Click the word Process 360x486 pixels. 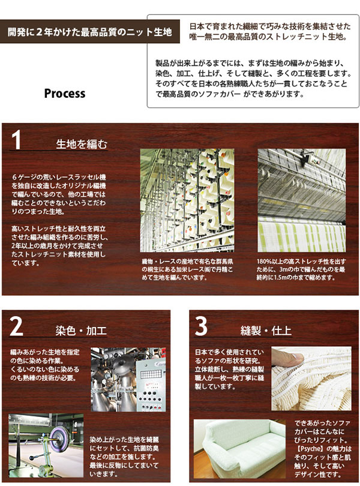coord(64,94)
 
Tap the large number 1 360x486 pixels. coord(16,140)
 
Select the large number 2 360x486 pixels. coord(16,326)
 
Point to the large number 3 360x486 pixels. coord(201,326)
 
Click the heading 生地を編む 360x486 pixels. coord(82,144)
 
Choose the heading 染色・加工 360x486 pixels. coord(81,331)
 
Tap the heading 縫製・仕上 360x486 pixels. coord(266,331)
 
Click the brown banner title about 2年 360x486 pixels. coord(89,32)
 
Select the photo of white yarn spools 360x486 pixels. coord(187,200)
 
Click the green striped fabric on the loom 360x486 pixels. coord(301,234)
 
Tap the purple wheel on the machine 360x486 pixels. coord(58,434)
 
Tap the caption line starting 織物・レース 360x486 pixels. coord(187,261)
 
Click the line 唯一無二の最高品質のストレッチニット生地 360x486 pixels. coord(268,37)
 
